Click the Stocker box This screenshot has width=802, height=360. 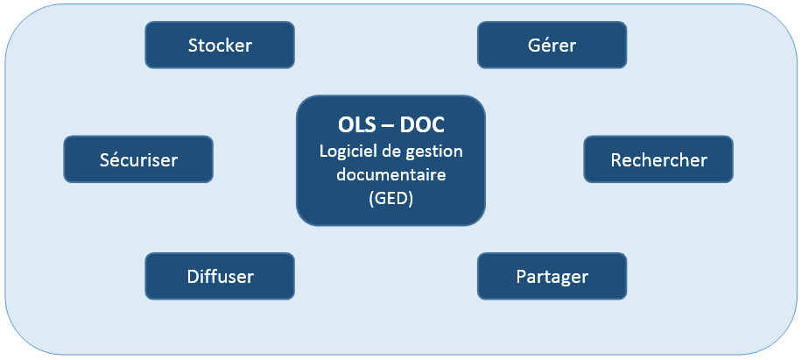(x=220, y=45)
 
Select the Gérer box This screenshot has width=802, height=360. (x=552, y=45)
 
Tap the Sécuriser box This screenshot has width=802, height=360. (x=138, y=159)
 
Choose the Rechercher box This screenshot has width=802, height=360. (x=658, y=159)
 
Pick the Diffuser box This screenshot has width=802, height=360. (x=220, y=276)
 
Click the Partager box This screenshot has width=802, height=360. (x=552, y=276)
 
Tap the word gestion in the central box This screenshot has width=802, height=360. (x=435, y=151)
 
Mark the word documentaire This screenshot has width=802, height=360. (x=390, y=174)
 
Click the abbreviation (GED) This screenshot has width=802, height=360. (x=390, y=199)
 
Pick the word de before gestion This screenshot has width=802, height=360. (x=396, y=151)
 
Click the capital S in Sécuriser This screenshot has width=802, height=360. (x=104, y=159)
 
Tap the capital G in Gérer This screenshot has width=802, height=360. (x=533, y=45)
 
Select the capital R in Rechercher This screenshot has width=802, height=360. (x=616, y=159)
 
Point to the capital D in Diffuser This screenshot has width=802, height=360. (x=193, y=276)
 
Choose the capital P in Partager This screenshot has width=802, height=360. (x=521, y=276)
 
